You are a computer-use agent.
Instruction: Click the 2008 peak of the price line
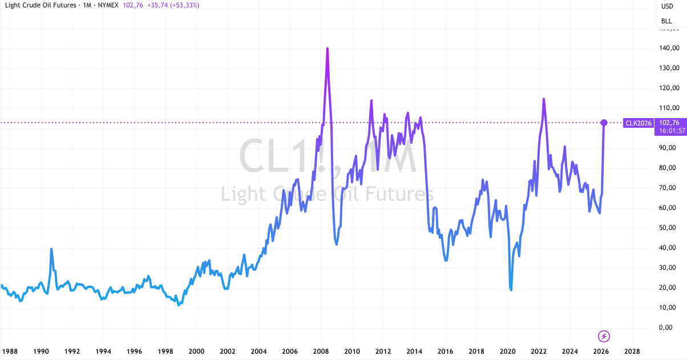[328, 48]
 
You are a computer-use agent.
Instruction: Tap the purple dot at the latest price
[604, 123]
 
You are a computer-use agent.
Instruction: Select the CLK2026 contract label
[638, 123]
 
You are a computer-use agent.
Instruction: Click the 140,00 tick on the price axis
[669, 48]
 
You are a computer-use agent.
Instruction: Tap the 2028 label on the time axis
[632, 351]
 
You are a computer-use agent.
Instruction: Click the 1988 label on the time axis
[10, 351]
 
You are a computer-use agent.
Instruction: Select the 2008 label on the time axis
[321, 351]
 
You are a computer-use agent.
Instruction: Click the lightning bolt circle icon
[604, 337]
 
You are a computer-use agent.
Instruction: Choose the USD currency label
[667, 6]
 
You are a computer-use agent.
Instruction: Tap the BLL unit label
[666, 21]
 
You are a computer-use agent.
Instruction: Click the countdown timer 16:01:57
[672, 131]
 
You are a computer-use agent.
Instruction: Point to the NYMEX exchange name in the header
[108, 5]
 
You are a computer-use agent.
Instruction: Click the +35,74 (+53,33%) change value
[173, 5]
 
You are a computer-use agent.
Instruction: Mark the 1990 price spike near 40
[51, 249]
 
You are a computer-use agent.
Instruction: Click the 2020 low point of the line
[511, 289]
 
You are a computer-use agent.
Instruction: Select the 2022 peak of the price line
[543, 99]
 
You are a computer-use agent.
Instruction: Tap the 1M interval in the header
[87, 5]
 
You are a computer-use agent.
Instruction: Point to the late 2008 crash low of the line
[337, 244]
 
